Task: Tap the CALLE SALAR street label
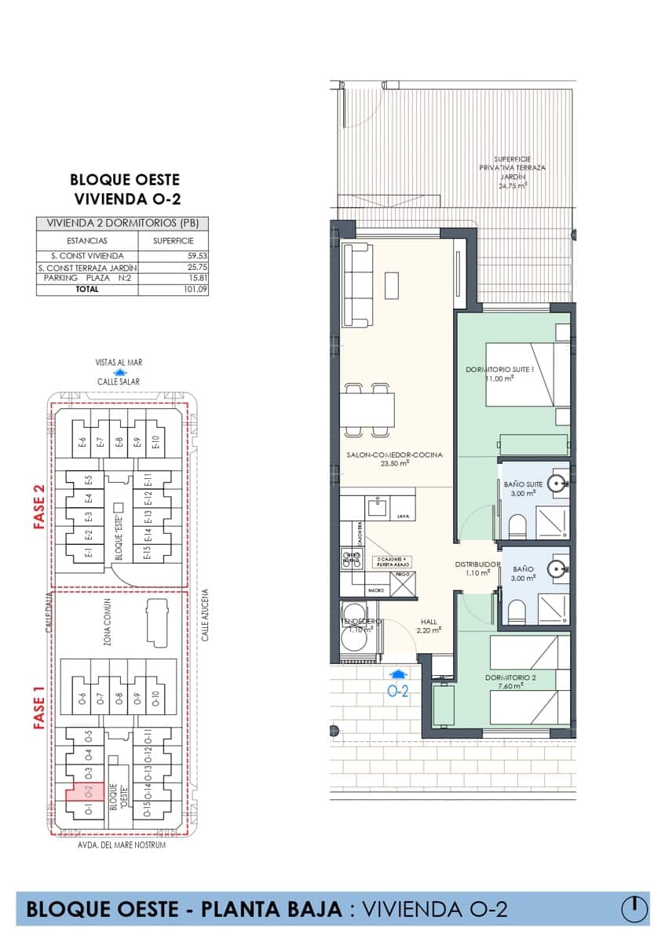[x=119, y=382]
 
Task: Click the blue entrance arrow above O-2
[x=398, y=673]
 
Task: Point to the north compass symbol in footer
[x=634, y=908]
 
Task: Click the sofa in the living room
[x=358, y=284]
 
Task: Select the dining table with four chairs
[x=369, y=408]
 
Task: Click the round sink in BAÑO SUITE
[x=558, y=484]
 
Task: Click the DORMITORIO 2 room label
[x=510, y=677]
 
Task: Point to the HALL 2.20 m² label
[x=429, y=625]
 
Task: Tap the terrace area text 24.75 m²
[x=512, y=187]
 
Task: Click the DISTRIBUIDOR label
[x=478, y=564]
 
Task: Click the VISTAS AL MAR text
[x=119, y=363]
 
